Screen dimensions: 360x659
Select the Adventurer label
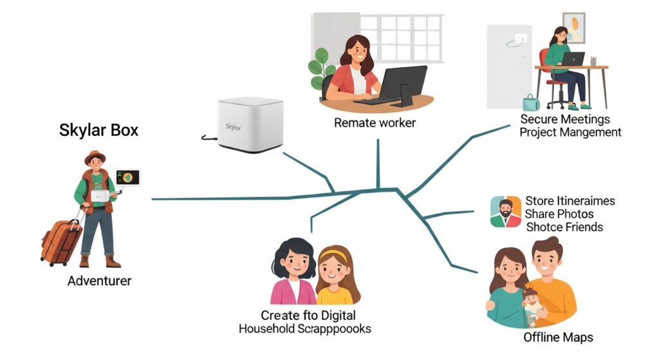click(99, 281)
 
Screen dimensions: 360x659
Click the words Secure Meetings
click(565, 119)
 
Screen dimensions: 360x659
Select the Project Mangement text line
click(570, 132)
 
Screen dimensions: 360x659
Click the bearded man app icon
click(505, 212)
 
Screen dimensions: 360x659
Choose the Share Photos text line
click(559, 214)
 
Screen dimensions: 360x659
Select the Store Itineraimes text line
click(570, 201)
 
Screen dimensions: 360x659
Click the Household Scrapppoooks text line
click(304, 328)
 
